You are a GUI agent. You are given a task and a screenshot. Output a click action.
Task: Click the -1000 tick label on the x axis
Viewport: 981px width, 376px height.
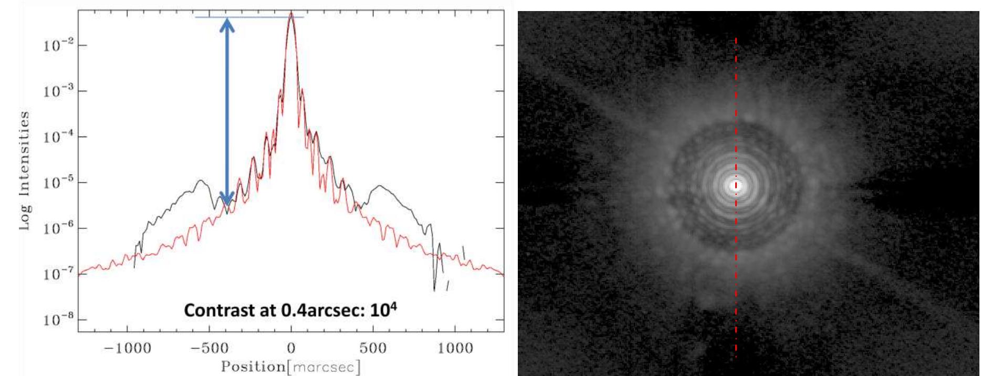click(127, 348)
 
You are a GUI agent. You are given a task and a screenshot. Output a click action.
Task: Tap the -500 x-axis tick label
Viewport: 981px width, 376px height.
click(209, 348)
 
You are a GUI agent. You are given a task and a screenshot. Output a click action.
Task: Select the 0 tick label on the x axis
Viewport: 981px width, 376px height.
click(291, 348)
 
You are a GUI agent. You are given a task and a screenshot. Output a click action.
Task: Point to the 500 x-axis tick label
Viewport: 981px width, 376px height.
click(373, 348)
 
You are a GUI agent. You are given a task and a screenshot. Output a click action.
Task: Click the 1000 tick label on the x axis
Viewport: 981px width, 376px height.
click(455, 348)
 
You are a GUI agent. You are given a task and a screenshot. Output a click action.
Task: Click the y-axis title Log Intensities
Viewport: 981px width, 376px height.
click(24, 170)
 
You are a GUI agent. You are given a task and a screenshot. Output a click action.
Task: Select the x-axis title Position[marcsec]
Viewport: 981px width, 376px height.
click(291, 367)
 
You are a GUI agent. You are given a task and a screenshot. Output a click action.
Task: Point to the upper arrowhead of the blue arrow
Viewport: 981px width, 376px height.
click(227, 25)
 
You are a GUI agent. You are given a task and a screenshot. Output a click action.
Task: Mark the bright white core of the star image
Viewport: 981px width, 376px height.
click(735, 185)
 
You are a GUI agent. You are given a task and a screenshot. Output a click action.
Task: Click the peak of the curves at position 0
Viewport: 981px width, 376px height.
click(291, 13)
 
